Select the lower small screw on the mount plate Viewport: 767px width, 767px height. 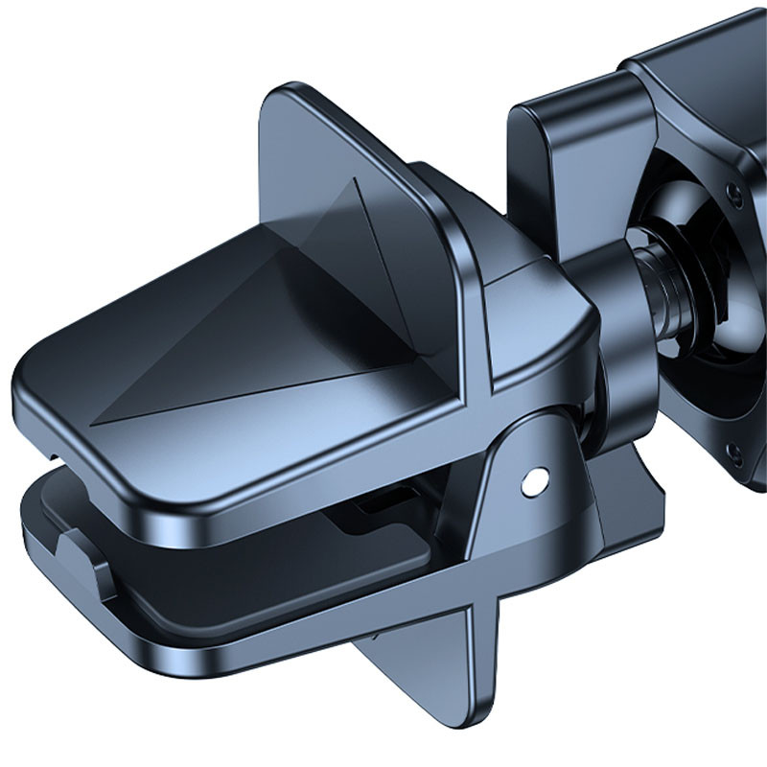(x=734, y=451)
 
